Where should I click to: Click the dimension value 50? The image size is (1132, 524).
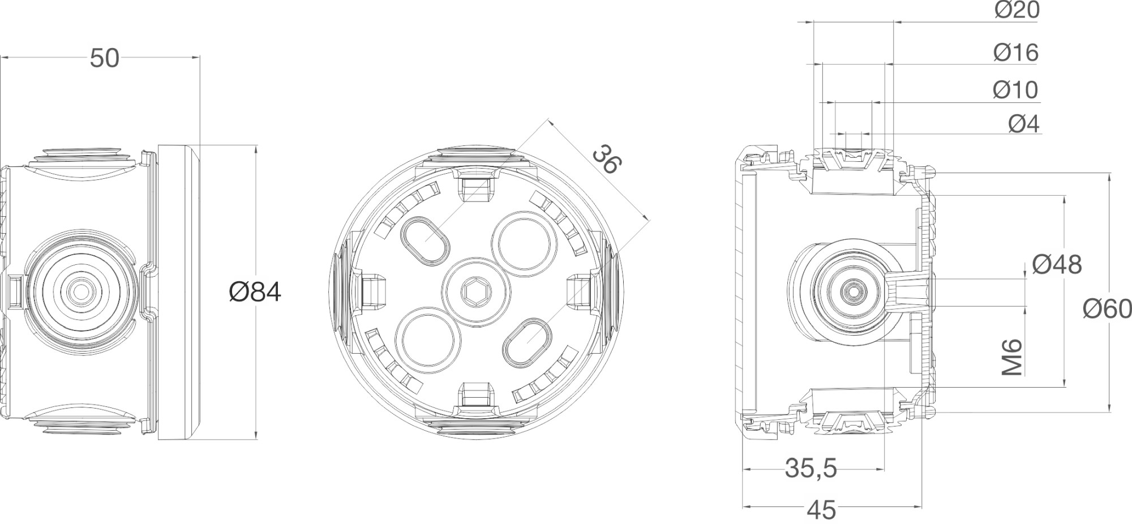click(x=105, y=58)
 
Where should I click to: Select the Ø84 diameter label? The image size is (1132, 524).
click(x=255, y=292)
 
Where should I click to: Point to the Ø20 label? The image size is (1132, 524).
click(x=1017, y=10)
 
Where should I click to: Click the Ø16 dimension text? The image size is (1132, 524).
click(x=1016, y=53)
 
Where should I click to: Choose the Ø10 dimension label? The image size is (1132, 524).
click(x=1015, y=90)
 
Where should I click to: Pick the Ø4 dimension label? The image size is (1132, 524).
click(x=1024, y=124)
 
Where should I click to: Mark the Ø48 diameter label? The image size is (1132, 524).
click(x=1057, y=264)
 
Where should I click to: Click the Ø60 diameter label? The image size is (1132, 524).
click(x=1107, y=309)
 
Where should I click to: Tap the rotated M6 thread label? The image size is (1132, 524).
click(x=1011, y=358)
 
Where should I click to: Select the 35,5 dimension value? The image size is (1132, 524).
click(x=811, y=469)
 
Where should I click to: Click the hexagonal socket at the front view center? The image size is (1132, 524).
click(x=475, y=292)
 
